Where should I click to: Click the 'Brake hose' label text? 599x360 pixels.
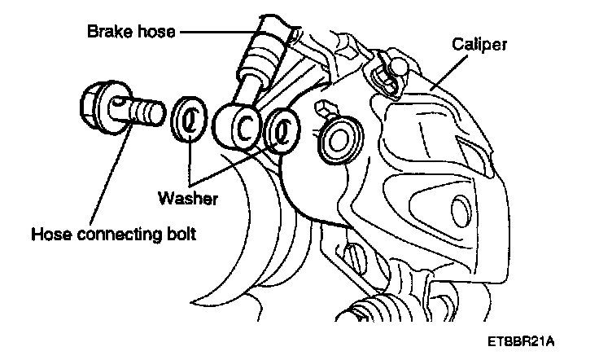(x=133, y=33)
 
